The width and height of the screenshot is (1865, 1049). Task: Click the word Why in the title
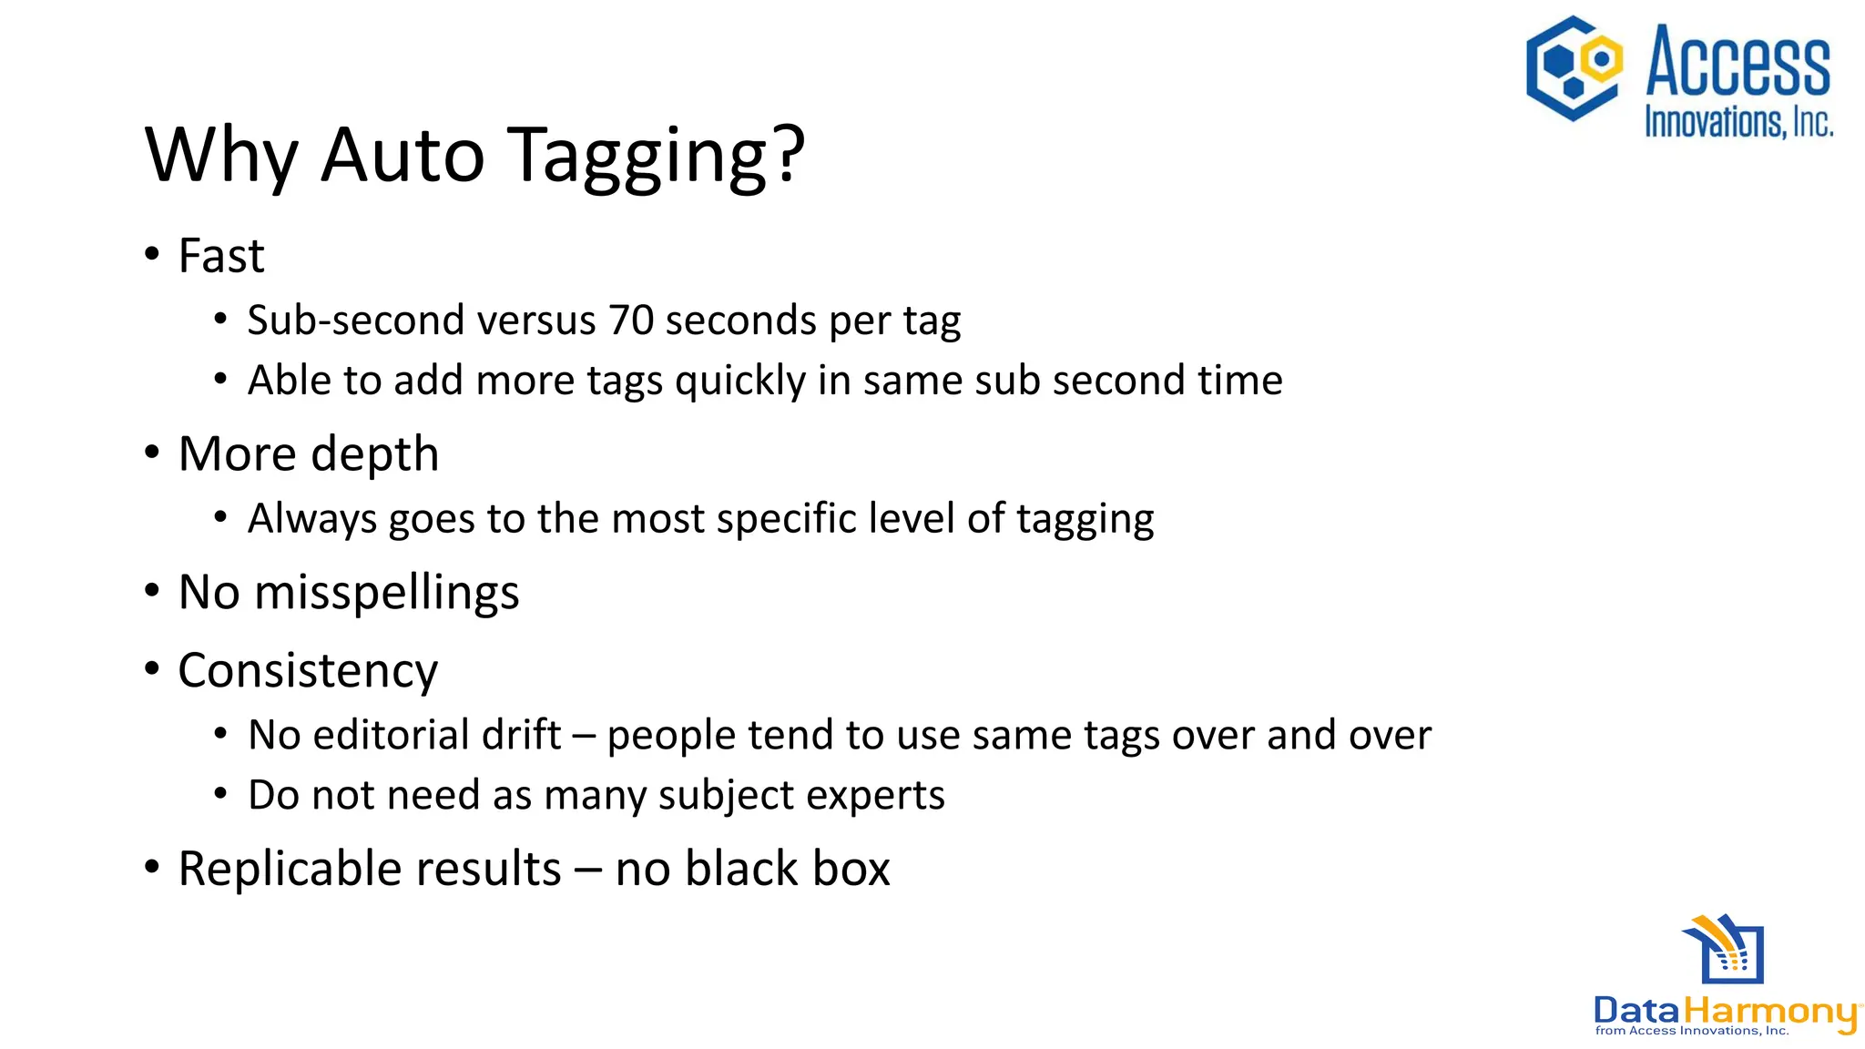(221, 157)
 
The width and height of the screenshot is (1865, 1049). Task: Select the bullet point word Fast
(221, 256)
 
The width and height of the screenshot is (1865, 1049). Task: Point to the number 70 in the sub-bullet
(631, 321)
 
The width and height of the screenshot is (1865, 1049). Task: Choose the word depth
(374, 454)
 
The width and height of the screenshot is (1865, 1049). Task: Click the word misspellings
(387, 593)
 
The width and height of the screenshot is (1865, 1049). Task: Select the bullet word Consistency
(308, 671)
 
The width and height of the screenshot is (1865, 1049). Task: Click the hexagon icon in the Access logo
(1574, 68)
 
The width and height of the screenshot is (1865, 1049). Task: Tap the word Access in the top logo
(1738, 62)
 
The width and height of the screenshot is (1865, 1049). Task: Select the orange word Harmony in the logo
(1768, 1012)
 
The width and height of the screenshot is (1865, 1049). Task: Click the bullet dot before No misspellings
(152, 591)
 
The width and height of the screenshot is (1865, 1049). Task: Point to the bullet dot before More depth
(152, 453)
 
